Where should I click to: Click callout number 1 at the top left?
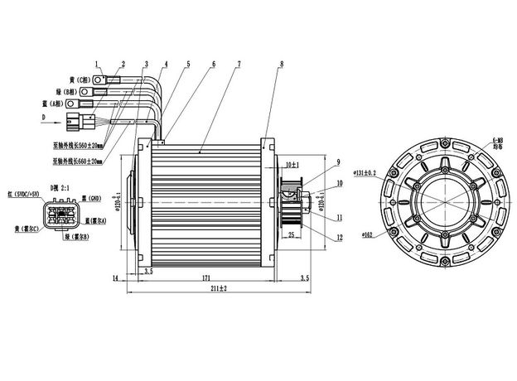point(97,63)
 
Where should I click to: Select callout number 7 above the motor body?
point(239,63)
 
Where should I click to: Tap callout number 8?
point(282,63)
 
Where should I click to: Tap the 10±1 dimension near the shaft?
point(292,165)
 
